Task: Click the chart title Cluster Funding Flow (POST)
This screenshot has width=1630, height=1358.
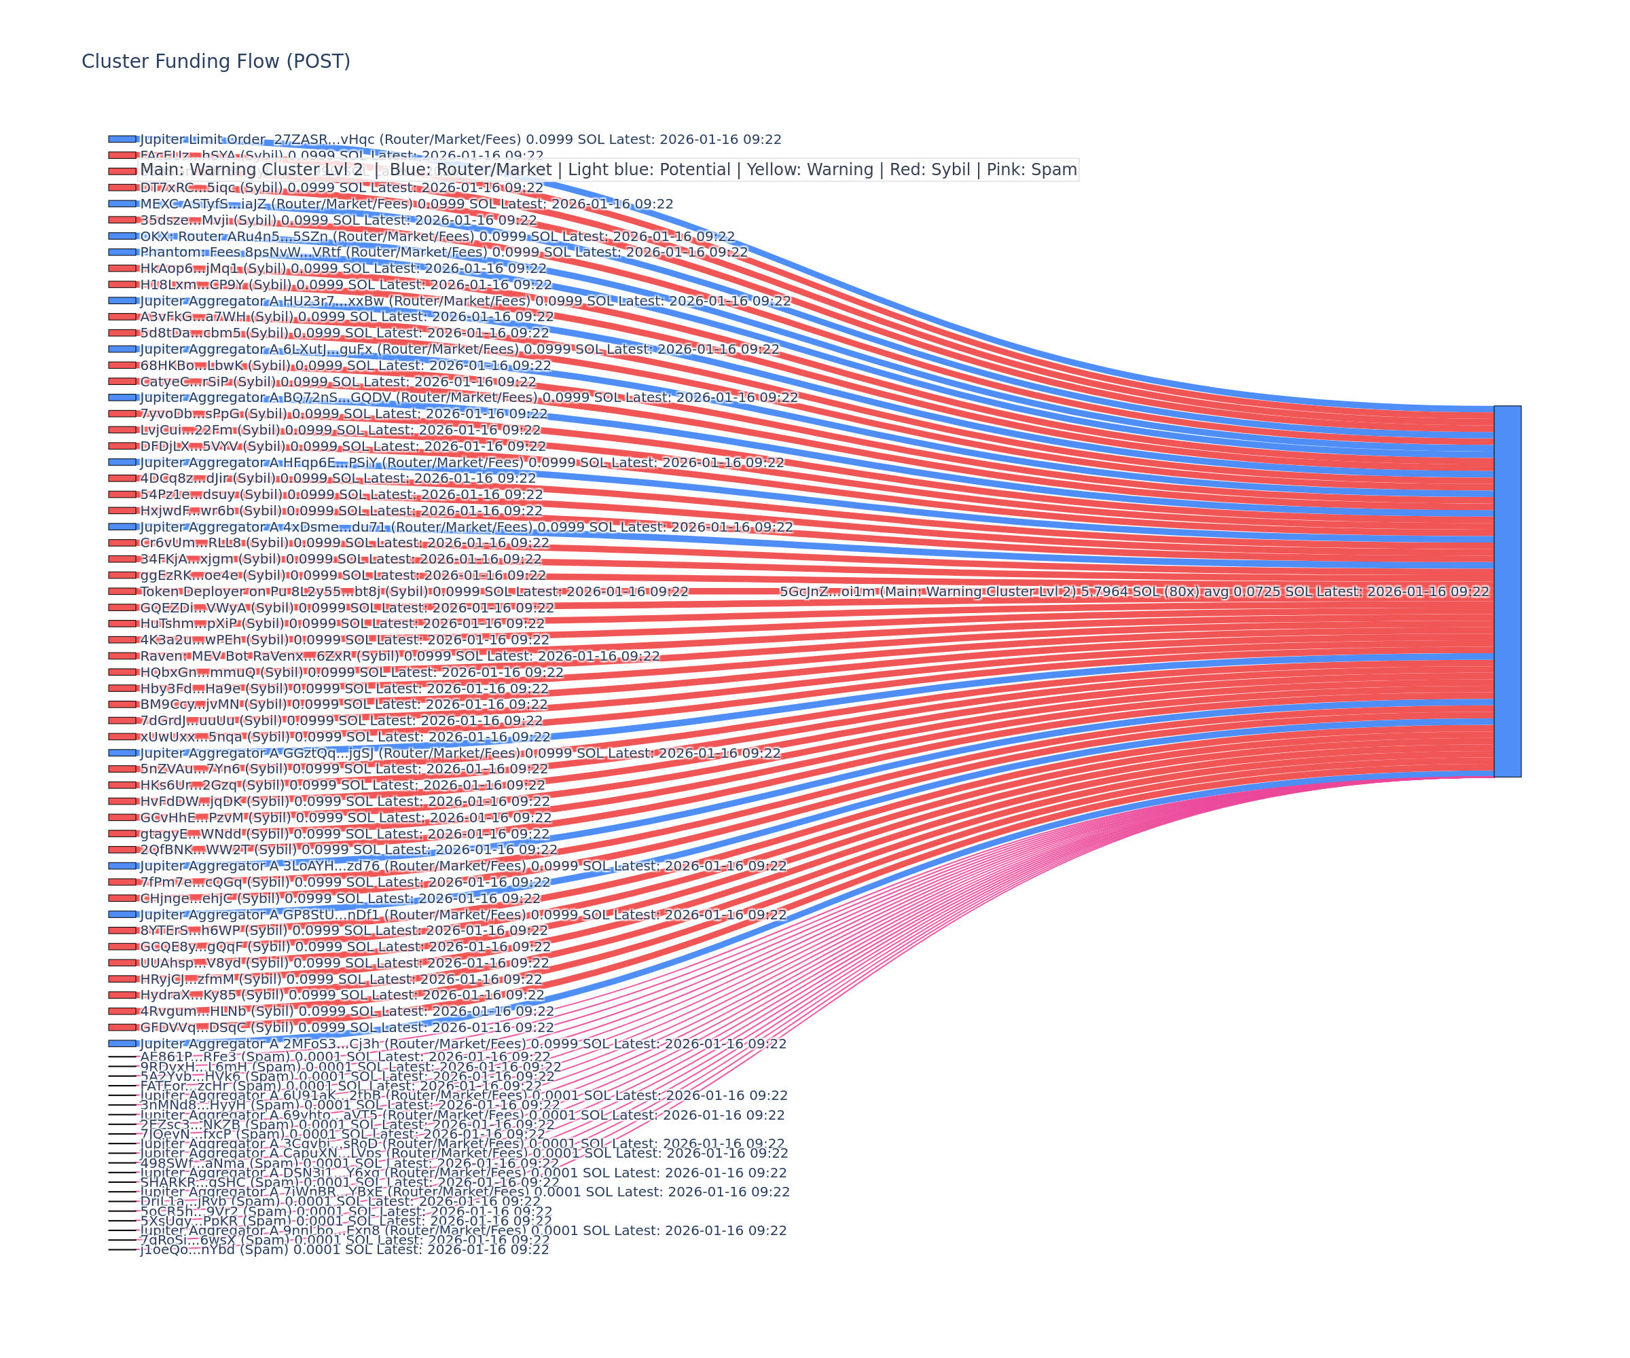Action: click(x=216, y=61)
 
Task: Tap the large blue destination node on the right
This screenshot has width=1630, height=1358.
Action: click(x=1506, y=591)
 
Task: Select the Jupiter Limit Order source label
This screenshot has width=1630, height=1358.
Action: click(x=460, y=140)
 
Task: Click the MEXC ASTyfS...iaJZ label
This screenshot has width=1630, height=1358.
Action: click(x=406, y=204)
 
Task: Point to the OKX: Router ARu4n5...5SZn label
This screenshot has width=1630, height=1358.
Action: click(x=436, y=237)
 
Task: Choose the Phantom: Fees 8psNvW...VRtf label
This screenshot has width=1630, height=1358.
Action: click(x=443, y=252)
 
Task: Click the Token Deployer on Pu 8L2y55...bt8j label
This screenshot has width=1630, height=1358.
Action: click(x=414, y=591)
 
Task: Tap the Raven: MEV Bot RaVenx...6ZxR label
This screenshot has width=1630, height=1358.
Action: click(x=399, y=656)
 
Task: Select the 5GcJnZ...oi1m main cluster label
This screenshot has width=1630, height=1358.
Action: click(x=1134, y=591)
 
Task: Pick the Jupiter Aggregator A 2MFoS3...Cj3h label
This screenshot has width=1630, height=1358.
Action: click(x=463, y=1044)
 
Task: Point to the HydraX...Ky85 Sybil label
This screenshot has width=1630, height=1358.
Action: click(x=342, y=995)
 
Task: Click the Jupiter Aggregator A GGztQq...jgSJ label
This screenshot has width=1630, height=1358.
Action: click(x=460, y=753)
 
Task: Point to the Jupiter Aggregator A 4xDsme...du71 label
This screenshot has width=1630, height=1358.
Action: click(x=466, y=527)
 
